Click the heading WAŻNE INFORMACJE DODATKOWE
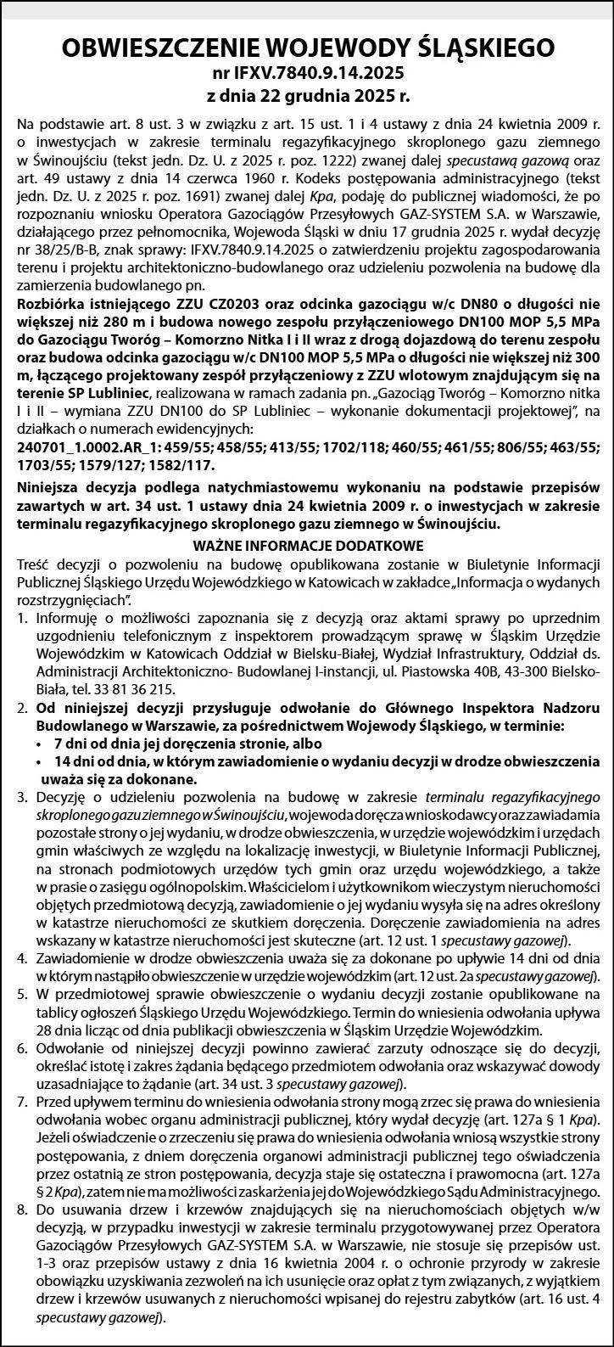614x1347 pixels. [x=307, y=545]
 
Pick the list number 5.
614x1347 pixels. [x=20, y=994]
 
